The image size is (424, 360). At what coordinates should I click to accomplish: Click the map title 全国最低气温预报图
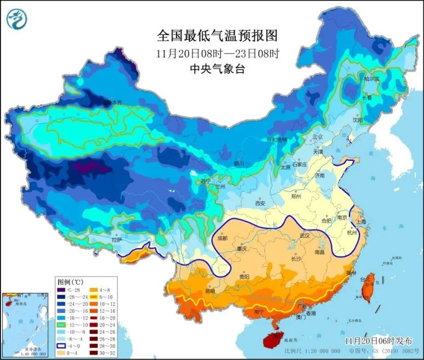[x=218, y=36]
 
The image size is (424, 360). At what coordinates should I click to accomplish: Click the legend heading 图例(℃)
[x=74, y=280]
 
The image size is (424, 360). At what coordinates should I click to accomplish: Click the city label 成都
[x=222, y=238]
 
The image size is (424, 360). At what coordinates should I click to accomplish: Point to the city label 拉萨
[x=117, y=240]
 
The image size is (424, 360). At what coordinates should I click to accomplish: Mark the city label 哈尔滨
[x=371, y=79]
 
